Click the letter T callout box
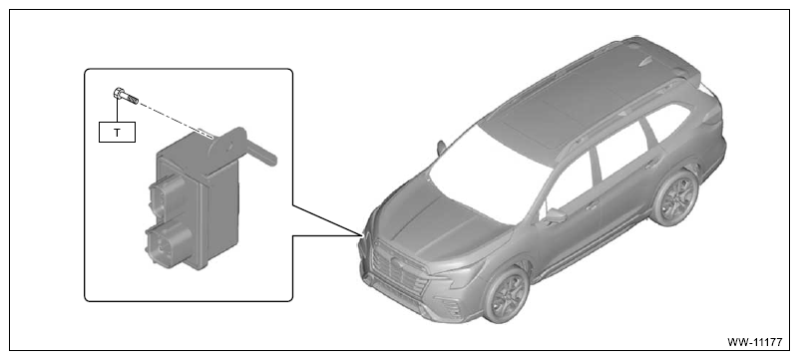click(x=117, y=133)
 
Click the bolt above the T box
click(x=126, y=96)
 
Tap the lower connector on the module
click(x=168, y=244)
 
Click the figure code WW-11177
click(x=754, y=342)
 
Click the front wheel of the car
click(x=506, y=294)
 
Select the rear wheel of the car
click(x=673, y=197)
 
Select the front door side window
click(x=568, y=184)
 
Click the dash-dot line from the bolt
click(x=175, y=120)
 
